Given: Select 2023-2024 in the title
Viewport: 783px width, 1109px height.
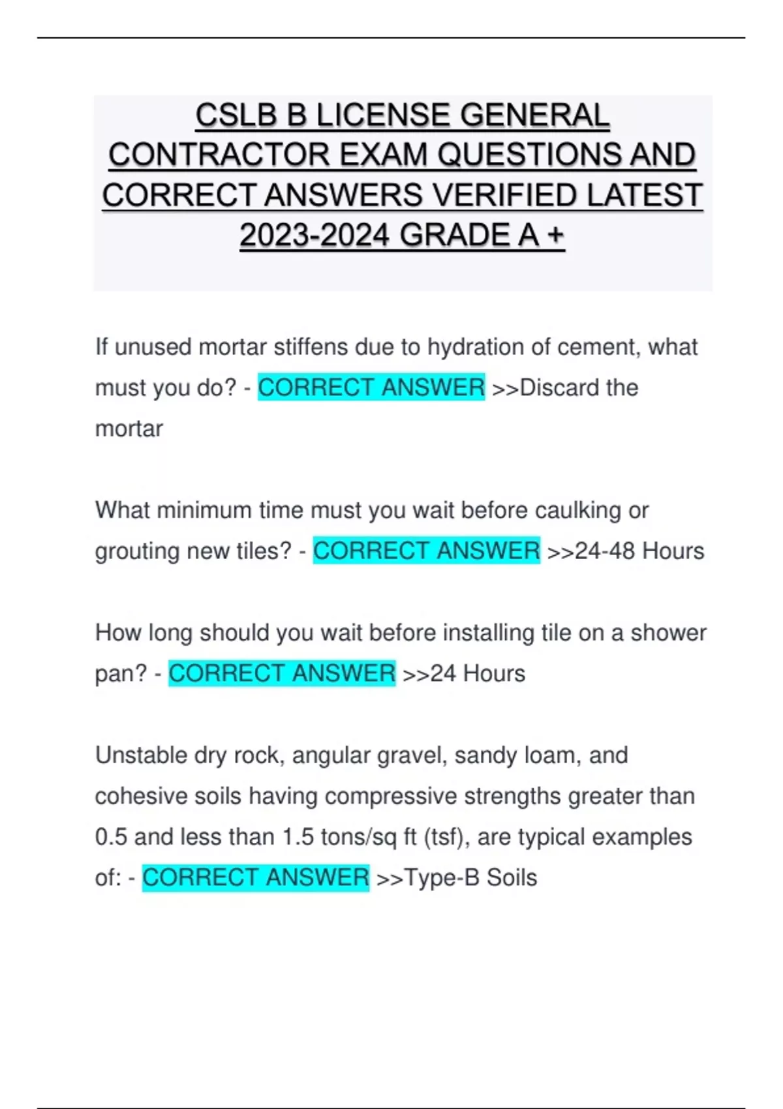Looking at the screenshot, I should tap(315, 235).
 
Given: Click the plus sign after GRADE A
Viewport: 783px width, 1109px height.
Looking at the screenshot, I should tap(556, 235).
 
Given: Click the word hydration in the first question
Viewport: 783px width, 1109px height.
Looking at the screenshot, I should tap(475, 347).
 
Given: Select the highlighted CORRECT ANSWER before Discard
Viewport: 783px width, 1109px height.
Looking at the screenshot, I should tap(371, 387).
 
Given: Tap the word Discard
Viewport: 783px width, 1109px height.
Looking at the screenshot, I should tap(559, 387).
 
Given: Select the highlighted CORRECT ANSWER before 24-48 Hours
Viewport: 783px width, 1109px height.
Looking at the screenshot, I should tap(426, 551).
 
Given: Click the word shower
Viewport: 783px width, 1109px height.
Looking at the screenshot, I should tap(668, 633).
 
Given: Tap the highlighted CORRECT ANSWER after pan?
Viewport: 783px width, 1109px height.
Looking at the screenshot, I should tap(282, 673).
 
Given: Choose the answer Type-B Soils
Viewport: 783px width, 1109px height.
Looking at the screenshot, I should tap(470, 878).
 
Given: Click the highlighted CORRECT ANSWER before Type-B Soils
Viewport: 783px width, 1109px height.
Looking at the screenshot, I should tap(255, 878).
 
